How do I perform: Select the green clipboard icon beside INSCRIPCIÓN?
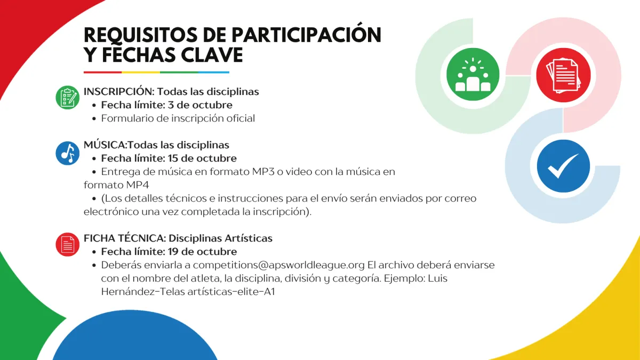coord(67,98)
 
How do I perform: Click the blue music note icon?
coord(67,153)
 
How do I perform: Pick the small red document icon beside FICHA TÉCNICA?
coord(67,244)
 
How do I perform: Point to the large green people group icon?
coord(473,74)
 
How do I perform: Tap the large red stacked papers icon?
coord(563,75)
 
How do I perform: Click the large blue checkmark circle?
coord(563,166)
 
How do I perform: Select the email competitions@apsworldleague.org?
coord(278,265)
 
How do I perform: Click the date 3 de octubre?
coord(200,105)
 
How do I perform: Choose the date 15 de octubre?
coord(202,158)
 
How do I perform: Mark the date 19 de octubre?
coord(202,252)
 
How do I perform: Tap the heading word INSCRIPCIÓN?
coord(119,91)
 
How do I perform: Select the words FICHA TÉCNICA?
coord(125,238)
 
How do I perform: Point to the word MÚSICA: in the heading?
coord(106,145)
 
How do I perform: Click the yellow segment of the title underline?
coord(141,73)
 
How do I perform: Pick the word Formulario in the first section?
coord(127,118)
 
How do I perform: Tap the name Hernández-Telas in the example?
coord(143,292)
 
